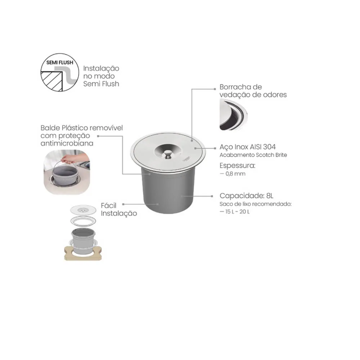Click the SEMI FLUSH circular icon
(x=60, y=73)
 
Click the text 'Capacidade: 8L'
(x=246, y=195)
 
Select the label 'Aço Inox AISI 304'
(x=248, y=147)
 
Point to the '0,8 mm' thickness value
(x=233, y=174)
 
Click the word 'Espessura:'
(x=237, y=165)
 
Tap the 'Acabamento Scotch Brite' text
(x=253, y=155)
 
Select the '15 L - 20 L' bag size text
(x=235, y=211)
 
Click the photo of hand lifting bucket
(x=67, y=172)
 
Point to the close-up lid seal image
(x=233, y=114)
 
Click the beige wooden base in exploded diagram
(x=83, y=254)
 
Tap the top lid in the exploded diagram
(x=83, y=210)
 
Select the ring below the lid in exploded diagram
(x=83, y=221)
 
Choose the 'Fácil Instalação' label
(x=119, y=209)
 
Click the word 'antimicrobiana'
(x=67, y=143)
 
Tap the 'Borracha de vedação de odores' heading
(x=253, y=91)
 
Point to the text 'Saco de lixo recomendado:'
(x=256, y=204)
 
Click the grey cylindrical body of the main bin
(x=168, y=190)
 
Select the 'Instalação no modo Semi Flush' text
(x=101, y=76)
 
